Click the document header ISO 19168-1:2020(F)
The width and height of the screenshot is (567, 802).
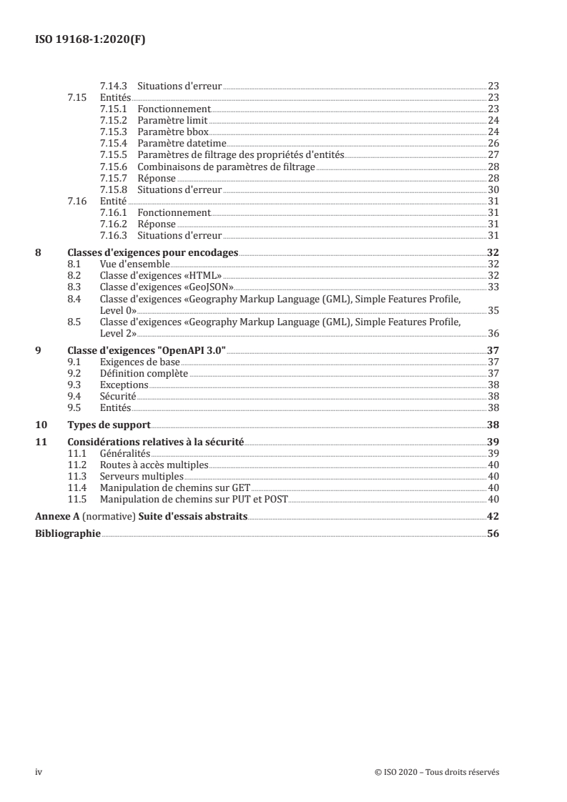click(x=91, y=40)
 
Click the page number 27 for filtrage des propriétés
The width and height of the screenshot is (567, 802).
click(x=493, y=154)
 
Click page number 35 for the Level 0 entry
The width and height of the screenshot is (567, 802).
click(x=493, y=310)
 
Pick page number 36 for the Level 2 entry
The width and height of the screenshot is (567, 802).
click(x=493, y=332)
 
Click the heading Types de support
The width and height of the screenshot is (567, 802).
click(x=109, y=424)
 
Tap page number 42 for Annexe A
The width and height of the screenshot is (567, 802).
click(x=493, y=516)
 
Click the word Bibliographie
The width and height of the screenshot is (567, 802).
click(x=68, y=533)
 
